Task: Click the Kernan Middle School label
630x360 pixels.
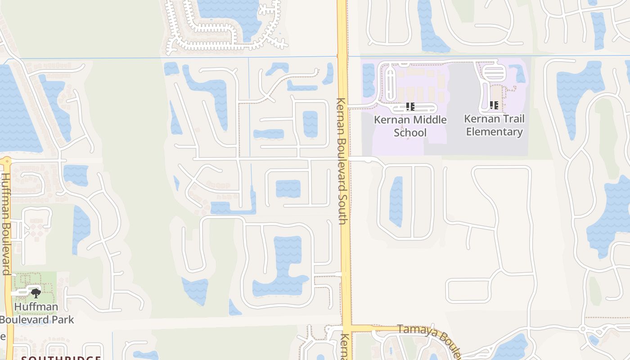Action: coord(410,126)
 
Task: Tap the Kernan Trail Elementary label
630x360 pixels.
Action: coord(494,125)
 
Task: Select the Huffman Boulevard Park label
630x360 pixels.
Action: coord(36,313)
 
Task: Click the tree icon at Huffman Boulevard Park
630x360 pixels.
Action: coord(36,293)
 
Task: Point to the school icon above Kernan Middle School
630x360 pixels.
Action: coord(410,107)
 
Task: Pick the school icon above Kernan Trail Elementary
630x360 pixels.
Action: coord(494,105)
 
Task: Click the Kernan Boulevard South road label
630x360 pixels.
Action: coord(342,161)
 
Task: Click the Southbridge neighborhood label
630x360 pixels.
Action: coord(61,358)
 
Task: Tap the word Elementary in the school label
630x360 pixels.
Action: coord(494,132)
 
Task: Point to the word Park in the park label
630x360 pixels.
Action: coord(63,320)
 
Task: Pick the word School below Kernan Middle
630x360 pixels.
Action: coord(410,133)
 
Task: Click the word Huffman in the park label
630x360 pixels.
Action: coord(36,307)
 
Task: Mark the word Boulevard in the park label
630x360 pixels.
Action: coord(25,320)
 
